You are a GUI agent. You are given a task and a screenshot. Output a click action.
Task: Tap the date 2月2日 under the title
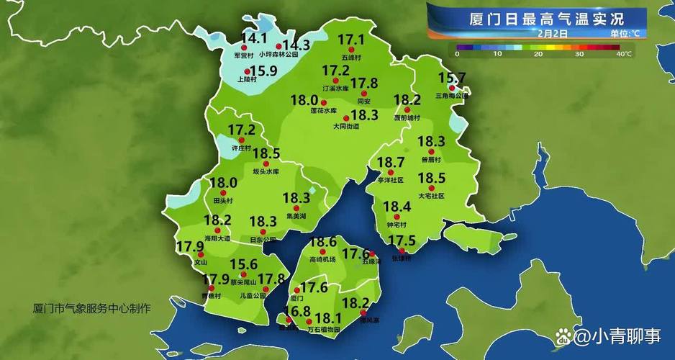point(552,33)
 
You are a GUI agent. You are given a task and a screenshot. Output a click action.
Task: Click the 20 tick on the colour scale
point(538,54)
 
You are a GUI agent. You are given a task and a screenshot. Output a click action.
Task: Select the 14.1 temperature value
point(253,38)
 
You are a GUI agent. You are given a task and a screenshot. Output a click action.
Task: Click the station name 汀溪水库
point(335,88)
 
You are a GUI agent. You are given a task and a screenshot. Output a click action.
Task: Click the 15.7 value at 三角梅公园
point(452,78)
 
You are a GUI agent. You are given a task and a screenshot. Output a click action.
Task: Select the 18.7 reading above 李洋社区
point(391,162)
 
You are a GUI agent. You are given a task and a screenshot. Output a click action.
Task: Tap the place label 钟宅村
point(397,223)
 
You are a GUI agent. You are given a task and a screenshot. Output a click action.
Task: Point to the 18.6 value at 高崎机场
point(322,242)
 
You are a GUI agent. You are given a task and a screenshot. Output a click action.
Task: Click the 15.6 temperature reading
point(243,265)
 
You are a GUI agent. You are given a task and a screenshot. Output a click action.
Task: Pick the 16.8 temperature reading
point(296,311)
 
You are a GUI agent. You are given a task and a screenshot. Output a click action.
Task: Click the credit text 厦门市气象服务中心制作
point(92,308)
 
